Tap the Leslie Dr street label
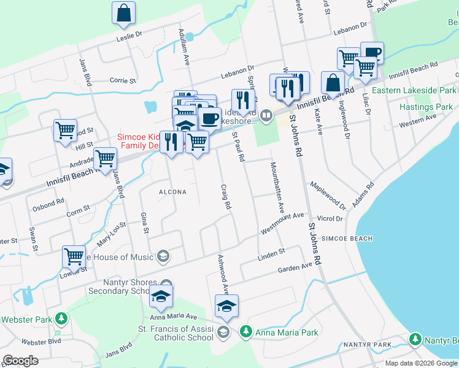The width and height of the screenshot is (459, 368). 129,36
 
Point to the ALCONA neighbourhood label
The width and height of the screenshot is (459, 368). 172,192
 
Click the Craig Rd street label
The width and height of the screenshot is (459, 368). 226,196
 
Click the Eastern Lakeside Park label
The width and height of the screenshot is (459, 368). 414,90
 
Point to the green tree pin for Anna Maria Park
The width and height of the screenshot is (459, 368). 245,332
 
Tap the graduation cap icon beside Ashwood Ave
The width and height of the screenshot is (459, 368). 226,306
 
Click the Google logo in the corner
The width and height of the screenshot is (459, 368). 21,361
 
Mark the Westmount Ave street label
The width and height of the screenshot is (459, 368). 282,221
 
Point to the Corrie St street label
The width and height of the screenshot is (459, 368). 123,80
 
